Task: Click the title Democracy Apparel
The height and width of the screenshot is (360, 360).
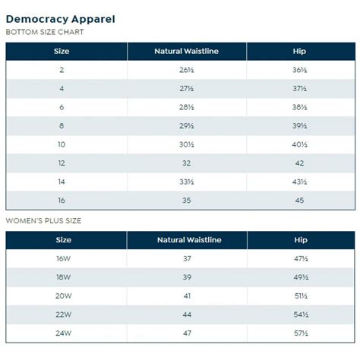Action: pyautogui.click(x=61, y=19)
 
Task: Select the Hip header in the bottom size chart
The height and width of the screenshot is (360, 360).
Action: pyautogui.click(x=299, y=52)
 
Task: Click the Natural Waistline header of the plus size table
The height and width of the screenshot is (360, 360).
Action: pyautogui.click(x=188, y=240)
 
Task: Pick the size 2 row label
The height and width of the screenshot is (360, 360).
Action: pyautogui.click(x=62, y=70)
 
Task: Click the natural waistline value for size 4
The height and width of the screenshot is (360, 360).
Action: pyautogui.click(x=187, y=89)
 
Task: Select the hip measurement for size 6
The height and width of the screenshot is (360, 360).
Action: pyautogui.click(x=299, y=107)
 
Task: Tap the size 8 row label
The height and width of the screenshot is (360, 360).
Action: pyautogui.click(x=62, y=126)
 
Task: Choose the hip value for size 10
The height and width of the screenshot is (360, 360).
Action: pyautogui.click(x=299, y=144)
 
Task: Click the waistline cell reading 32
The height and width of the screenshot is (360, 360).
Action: pyautogui.click(x=187, y=163)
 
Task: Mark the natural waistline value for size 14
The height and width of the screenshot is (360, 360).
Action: pyautogui.click(x=187, y=182)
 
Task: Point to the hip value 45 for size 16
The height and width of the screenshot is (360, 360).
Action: pyautogui.click(x=299, y=201)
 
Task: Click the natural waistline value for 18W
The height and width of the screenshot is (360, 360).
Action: pyautogui.click(x=187, y=277)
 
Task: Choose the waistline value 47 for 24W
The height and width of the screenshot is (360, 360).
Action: pyautogui.click(x=187, y=333)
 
